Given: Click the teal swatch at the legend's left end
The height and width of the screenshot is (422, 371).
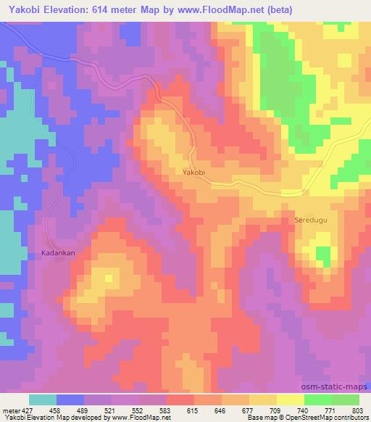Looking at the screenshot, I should point(43,400).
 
